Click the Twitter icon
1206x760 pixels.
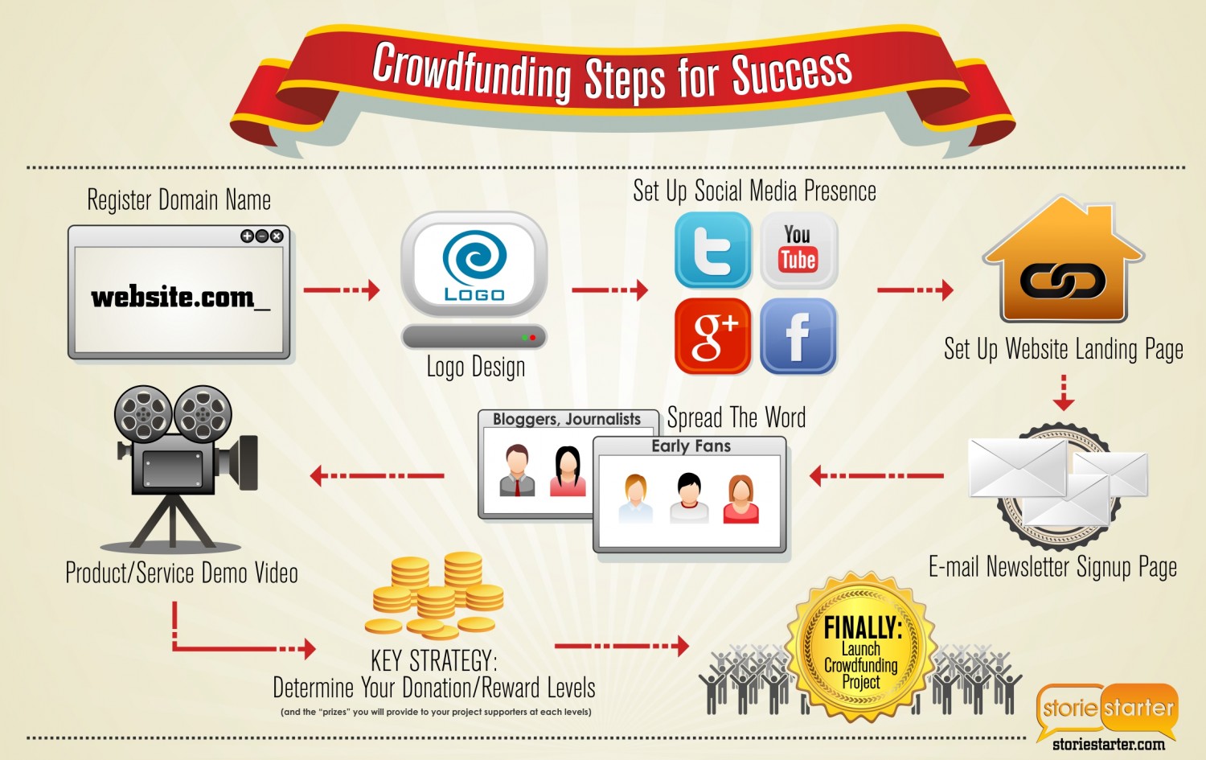(712, 249)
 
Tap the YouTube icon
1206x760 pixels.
(798, 249)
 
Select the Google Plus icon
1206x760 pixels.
(712, 335)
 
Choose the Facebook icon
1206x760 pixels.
(798, 335)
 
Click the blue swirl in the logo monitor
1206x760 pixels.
(474, 257)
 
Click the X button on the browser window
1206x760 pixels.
(277, 236)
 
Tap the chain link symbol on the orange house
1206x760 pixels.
(1063, 281)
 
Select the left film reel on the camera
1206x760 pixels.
(143, 413)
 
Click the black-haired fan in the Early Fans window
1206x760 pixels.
(689, 498)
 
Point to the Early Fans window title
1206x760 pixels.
(691, 446)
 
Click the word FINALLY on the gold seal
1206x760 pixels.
(863, 627)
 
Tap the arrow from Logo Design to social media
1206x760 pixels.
(609, 290)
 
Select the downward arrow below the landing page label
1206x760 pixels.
(1064, 393)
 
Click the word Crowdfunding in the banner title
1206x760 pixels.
(471, 73)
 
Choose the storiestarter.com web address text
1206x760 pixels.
(1109, 745)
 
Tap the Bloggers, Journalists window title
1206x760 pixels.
(566, 419)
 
